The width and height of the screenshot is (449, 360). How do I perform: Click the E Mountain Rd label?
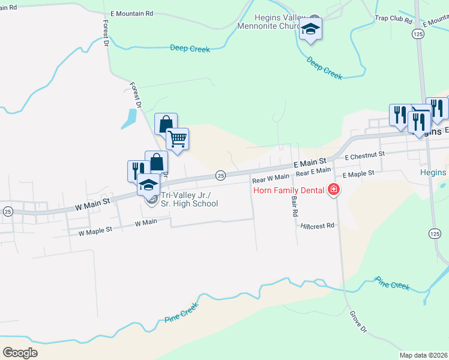[133, 13]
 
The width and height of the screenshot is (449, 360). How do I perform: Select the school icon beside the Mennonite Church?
[310, 29]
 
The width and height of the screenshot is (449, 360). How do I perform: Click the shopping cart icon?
[177, 139]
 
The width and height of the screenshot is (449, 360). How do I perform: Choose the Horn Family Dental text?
[288, 190]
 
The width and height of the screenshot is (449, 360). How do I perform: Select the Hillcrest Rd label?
[318, 226]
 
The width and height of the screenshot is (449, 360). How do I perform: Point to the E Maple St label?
[358, 173]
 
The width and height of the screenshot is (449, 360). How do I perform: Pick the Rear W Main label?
[271, 178]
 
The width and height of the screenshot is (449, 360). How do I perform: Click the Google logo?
[20, 353]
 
